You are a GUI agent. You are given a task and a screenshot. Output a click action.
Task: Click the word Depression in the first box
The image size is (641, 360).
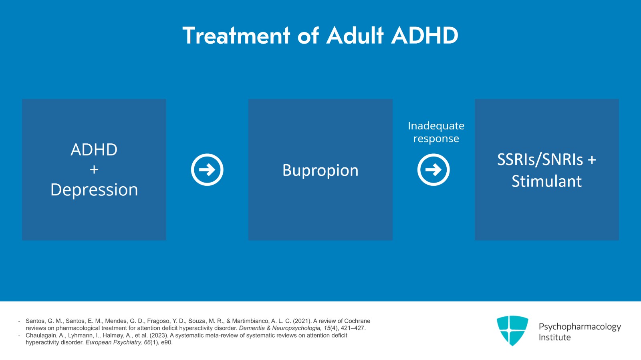tap(94, 190)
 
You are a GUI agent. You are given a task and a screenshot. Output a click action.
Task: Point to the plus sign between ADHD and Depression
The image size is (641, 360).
tap(94, 170)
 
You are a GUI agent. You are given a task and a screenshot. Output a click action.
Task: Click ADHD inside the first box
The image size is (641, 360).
tap(94, 150)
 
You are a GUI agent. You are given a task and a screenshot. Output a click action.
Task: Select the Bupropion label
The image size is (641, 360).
tap(320, 171)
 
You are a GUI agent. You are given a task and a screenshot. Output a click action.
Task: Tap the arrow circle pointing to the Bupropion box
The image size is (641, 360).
tap(207, 170)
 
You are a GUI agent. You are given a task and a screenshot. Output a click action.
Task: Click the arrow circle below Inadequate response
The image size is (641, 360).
tap(433, 170)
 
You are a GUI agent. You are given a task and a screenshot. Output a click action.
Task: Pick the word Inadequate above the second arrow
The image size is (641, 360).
tap(436, 126)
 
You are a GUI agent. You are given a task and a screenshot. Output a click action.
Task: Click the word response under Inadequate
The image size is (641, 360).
tap(436, 139)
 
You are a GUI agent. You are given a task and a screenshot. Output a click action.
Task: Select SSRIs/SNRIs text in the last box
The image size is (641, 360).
tap(540, 160)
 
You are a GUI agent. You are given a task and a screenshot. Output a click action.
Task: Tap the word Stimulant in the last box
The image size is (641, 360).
tap(546, 181)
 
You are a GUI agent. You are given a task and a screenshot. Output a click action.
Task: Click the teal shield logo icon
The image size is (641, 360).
tap(512, 330)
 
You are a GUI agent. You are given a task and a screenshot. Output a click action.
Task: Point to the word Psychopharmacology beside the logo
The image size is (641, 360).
tap(579, 327)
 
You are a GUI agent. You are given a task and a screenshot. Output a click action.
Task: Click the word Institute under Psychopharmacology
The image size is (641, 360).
tap(554, 337)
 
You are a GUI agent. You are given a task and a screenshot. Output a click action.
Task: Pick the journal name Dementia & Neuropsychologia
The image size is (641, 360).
tap(280, 328)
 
